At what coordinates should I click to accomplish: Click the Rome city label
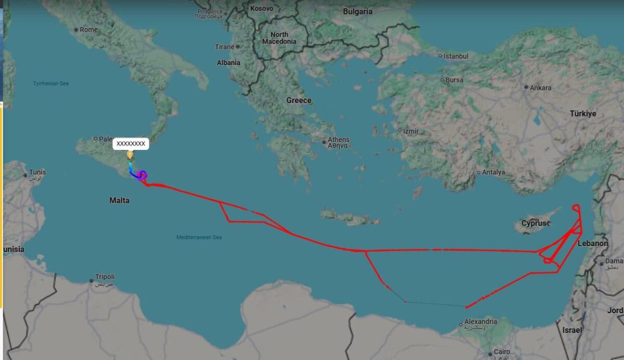(88, 30)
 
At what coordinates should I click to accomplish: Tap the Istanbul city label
(456, 56)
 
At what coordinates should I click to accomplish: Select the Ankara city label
(540, 87)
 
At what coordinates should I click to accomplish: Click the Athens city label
(339, 140)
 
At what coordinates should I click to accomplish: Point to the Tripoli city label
(105, 277)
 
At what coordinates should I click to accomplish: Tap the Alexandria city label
(480, 322)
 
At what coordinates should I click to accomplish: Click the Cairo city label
(502, 352)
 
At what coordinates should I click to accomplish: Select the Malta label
(119, 200)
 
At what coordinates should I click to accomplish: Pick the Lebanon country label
(593, 243)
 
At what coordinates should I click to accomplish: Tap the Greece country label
(299, 100)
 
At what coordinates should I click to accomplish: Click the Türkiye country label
(583, 113)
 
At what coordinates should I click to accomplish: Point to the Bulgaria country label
(358, 11)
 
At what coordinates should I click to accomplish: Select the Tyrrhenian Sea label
(51, 83)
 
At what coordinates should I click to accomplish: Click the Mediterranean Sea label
(199, 237)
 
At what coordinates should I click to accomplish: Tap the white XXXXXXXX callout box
(131, 143)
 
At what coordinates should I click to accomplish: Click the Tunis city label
(37, 172)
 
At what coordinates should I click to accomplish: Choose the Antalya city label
(493, 172)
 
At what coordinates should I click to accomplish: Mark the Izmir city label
(411, 131)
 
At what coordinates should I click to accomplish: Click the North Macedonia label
(279, 38)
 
